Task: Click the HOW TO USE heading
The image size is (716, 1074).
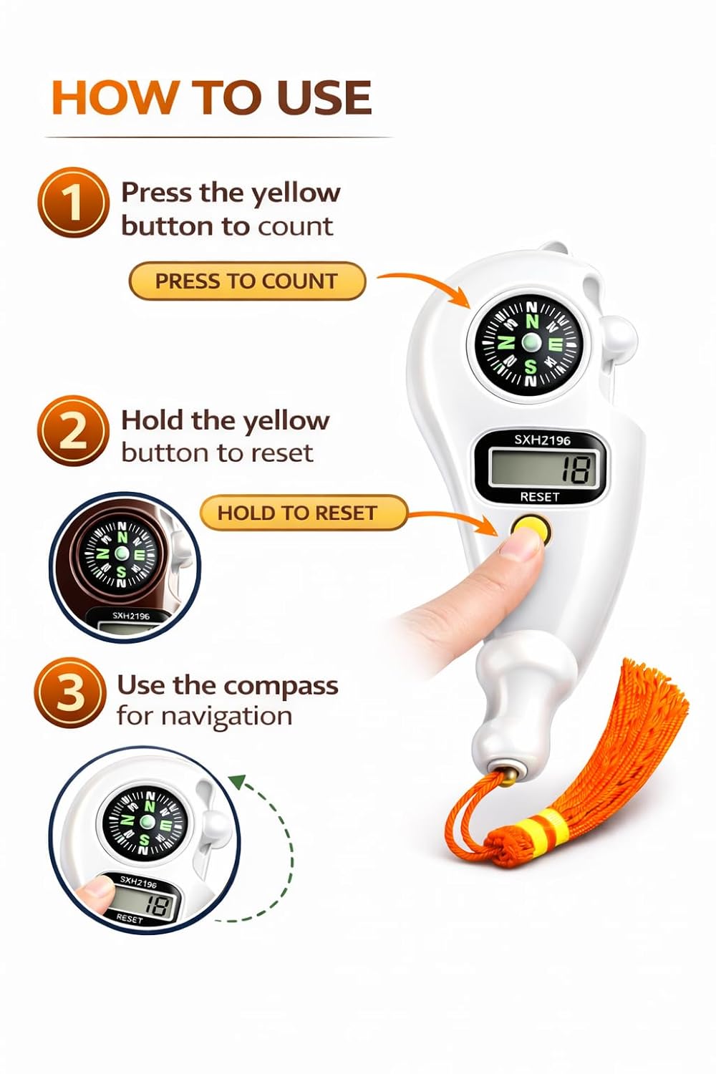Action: tap(211, 97)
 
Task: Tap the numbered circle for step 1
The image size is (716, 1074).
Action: tap(72, 203)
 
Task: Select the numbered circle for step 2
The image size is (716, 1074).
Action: tap(72, 430)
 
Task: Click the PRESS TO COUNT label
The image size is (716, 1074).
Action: tap(247, 281)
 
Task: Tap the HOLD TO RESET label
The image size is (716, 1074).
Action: tap(303, 513)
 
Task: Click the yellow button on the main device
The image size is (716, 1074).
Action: tap(531, 529)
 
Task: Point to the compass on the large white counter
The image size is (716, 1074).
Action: tap(529, 342)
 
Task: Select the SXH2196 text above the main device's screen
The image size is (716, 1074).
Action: tap(543, 440)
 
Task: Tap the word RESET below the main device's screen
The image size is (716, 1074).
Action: tap(540, 497)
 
